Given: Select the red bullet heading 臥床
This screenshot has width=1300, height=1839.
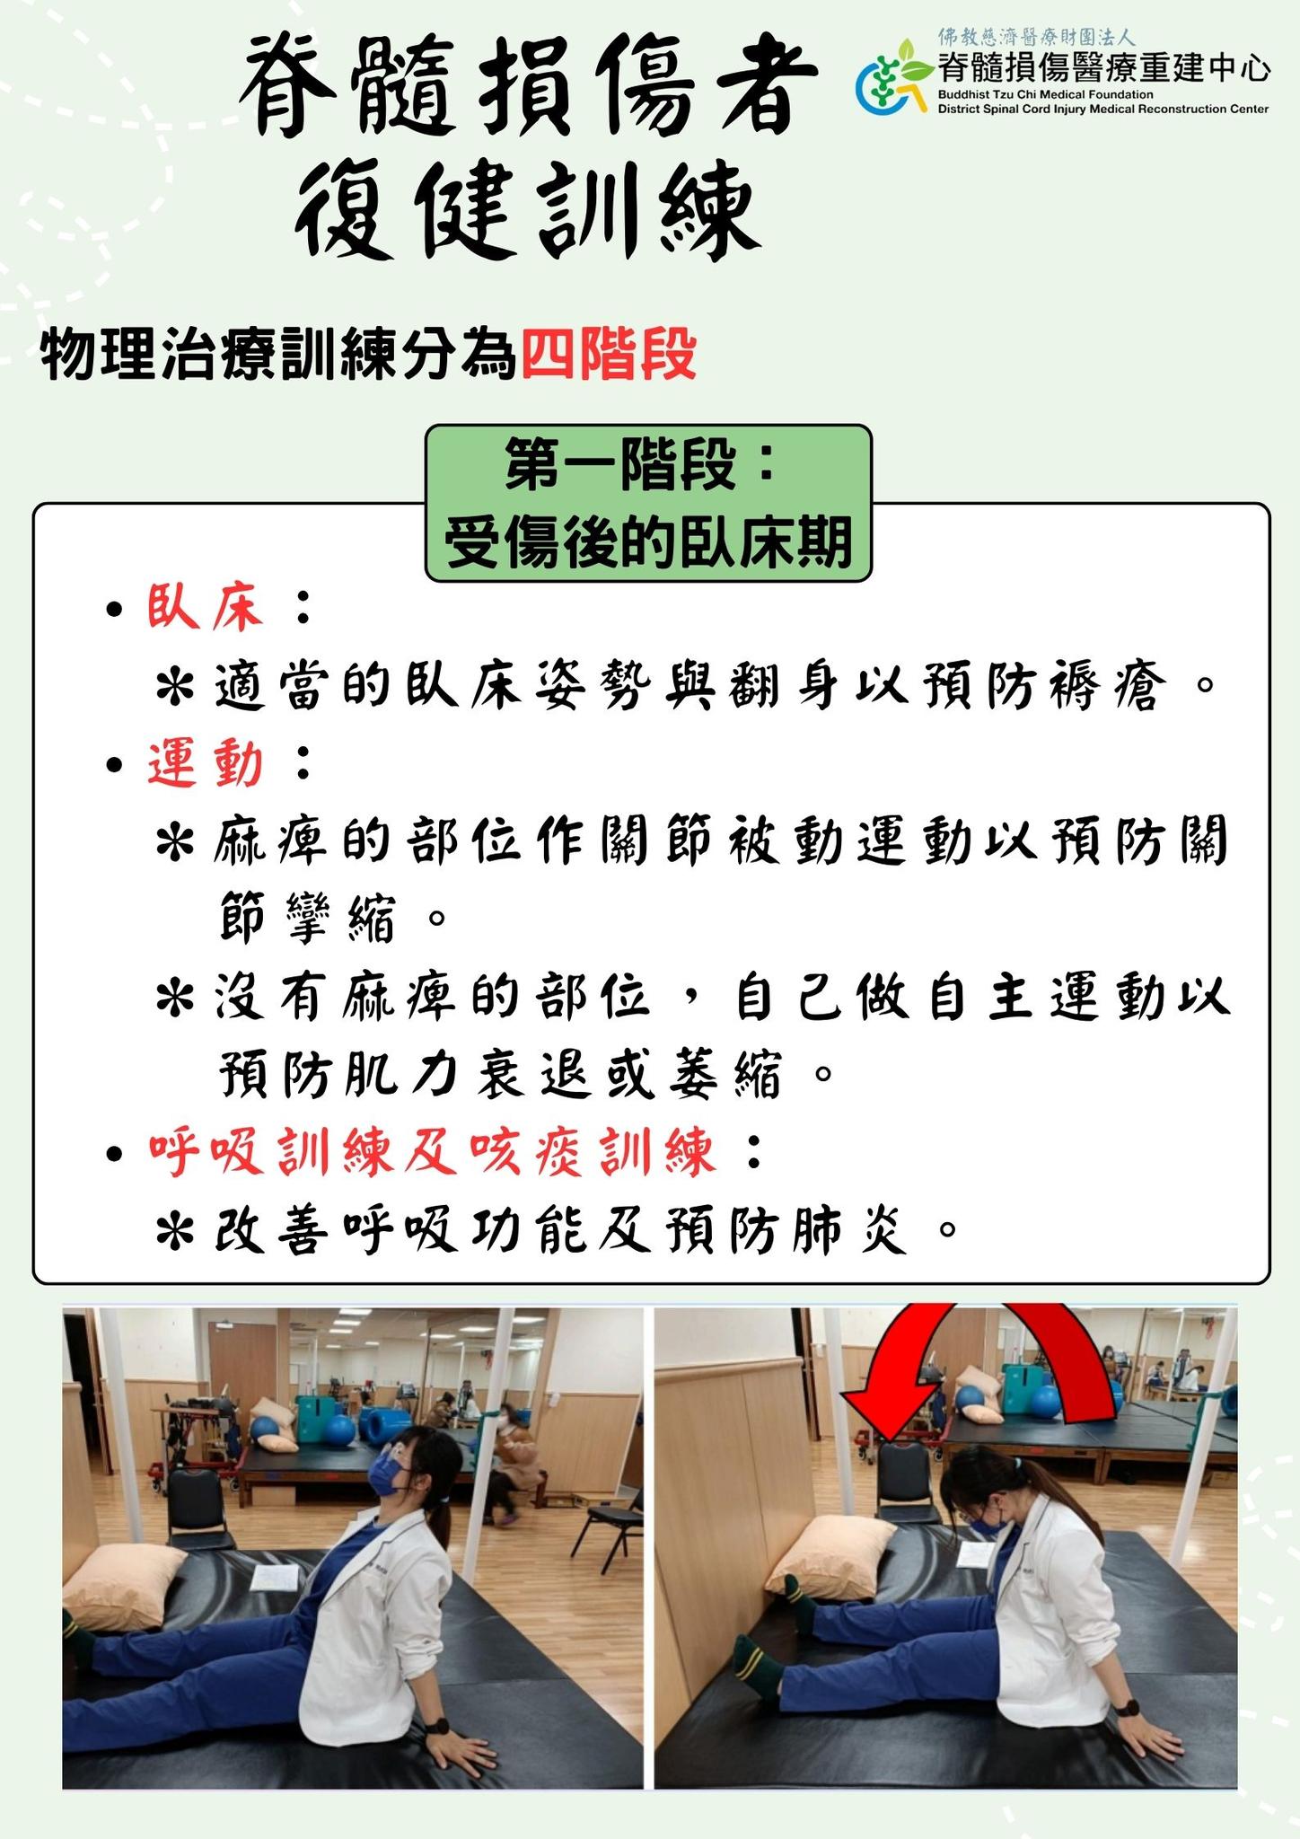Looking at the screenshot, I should (x=206, y=608).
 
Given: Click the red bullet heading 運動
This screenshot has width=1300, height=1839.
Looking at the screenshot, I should (x=206, y=764).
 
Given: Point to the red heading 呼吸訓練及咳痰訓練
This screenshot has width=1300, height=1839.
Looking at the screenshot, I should (x=433, y=1152).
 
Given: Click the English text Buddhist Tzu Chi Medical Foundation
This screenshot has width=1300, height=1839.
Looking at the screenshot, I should (x=1045, y=94).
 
